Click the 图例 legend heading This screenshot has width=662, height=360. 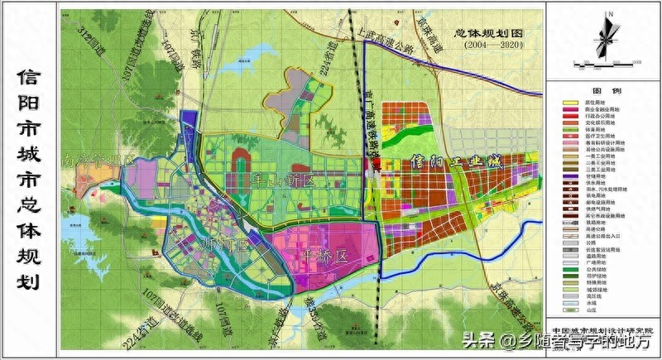[x=602, y=91]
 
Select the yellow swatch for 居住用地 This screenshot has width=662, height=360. [x=570, y=103]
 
